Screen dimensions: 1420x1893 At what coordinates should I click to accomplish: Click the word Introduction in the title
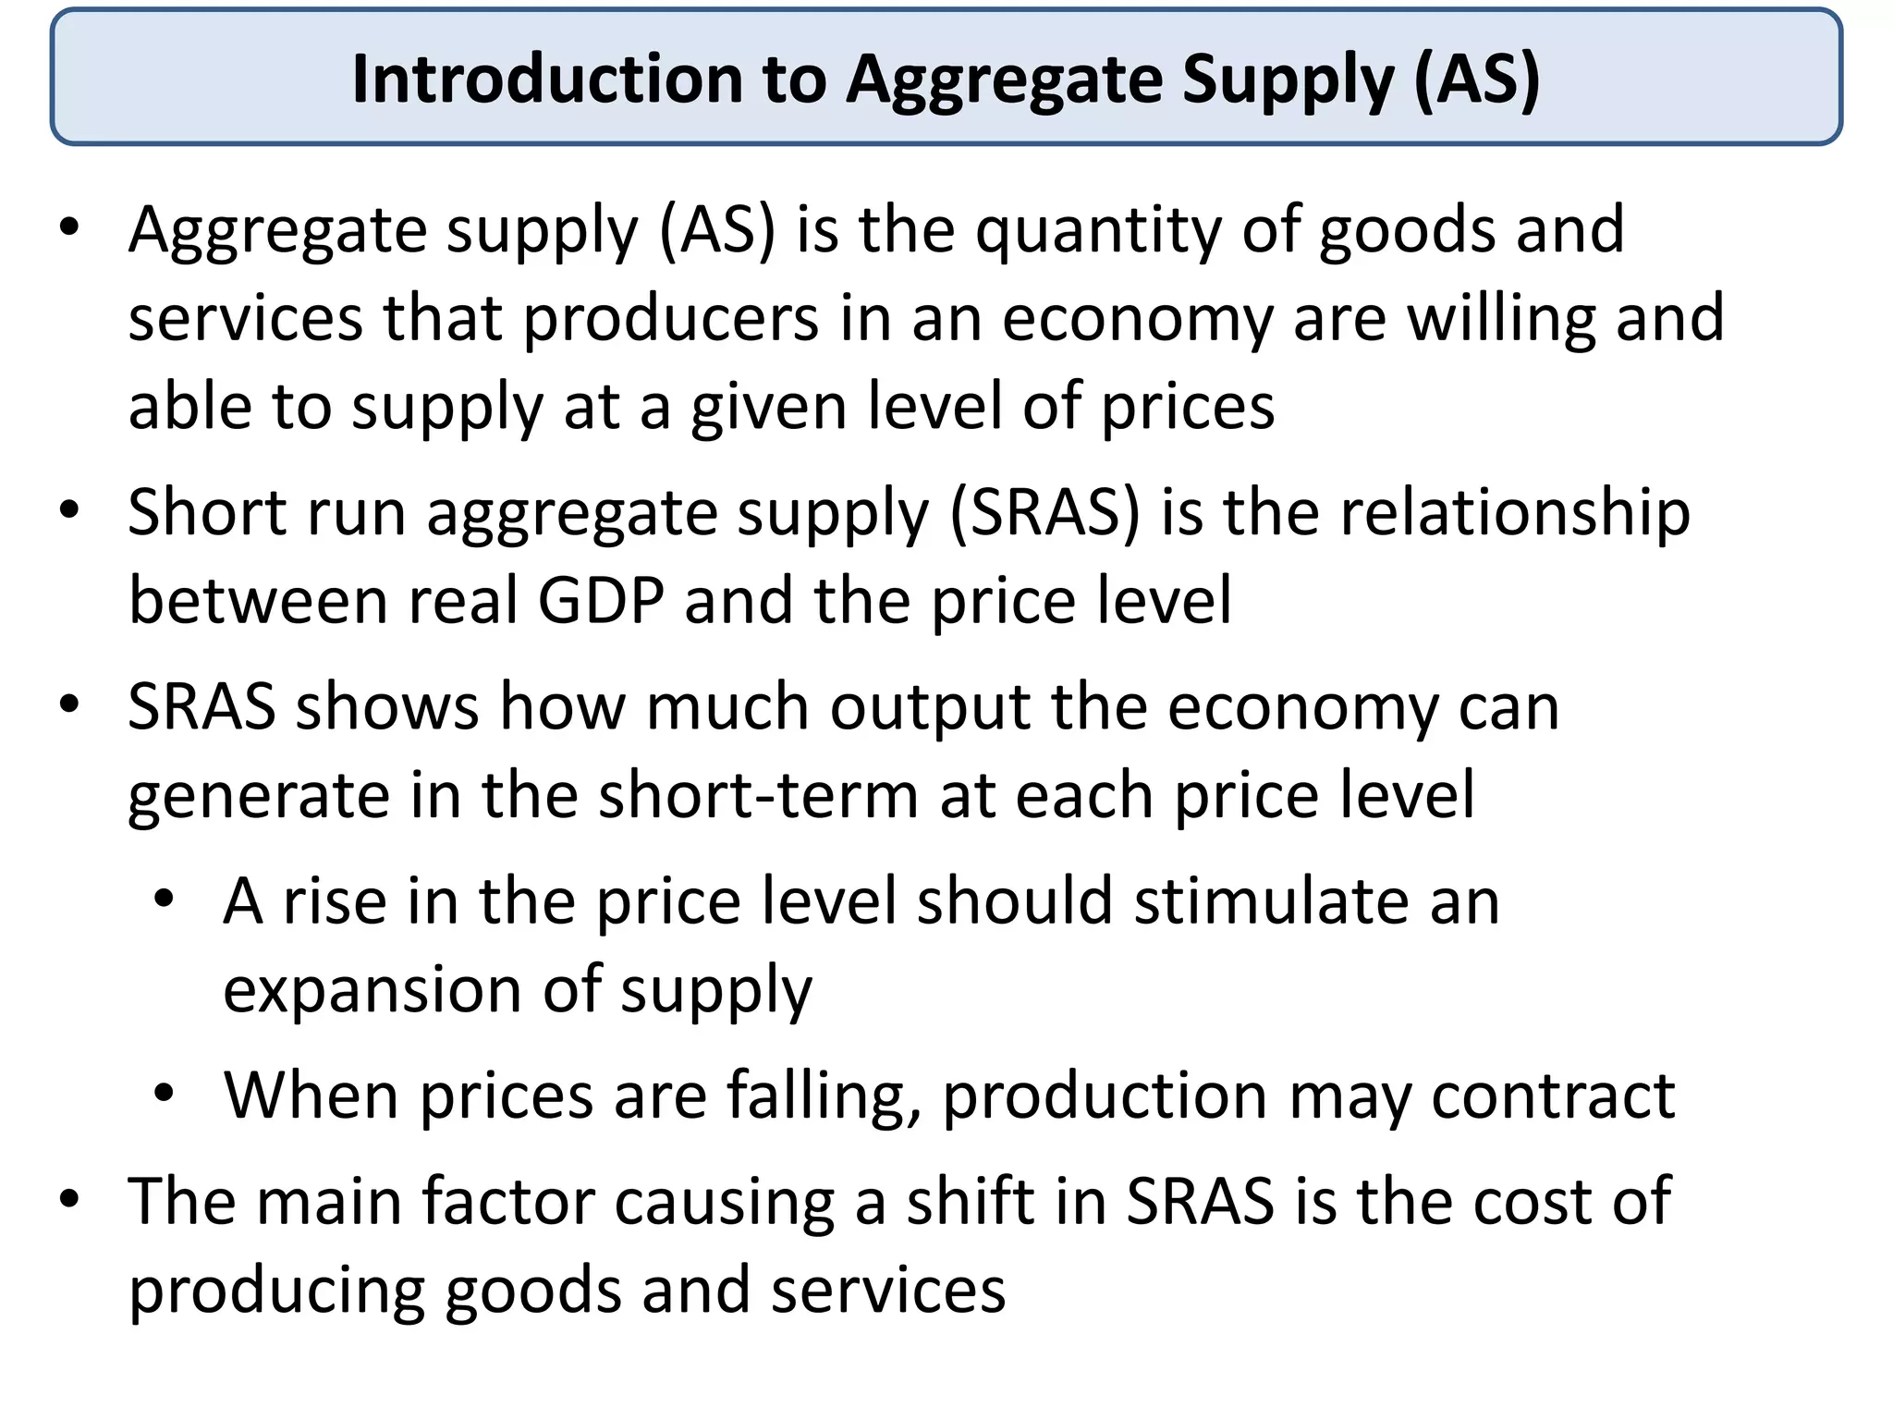point(546,79)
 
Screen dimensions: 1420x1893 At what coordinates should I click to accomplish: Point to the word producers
point(671,319)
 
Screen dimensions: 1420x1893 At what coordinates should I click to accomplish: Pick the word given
point(768,408)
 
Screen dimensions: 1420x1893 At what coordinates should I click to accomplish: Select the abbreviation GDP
point(601,601)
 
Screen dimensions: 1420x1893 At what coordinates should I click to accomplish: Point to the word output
point(929,708)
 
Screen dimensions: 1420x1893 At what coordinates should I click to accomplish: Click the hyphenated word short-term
point(758,796)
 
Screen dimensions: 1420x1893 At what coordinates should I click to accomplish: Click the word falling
point(823,1096)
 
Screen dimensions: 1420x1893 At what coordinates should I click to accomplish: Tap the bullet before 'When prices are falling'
point(165,1094)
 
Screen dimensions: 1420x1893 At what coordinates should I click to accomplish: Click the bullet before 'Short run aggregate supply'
point(69,510)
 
